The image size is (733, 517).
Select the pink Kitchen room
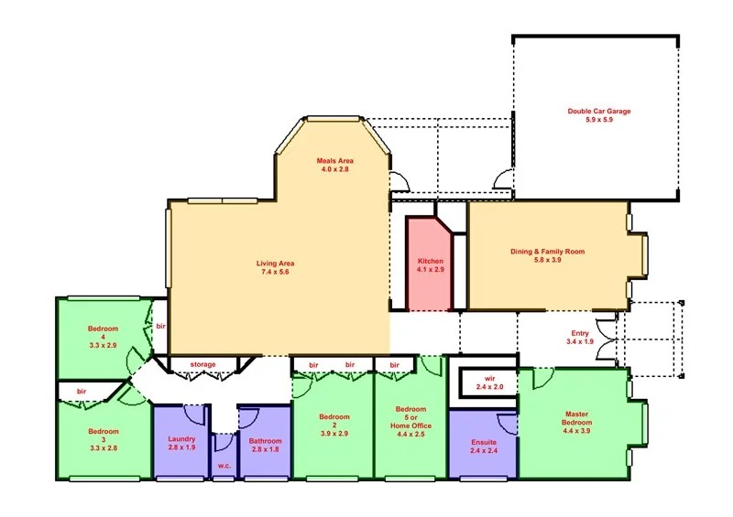click(428, 266)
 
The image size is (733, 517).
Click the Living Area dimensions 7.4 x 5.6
click(275, 273)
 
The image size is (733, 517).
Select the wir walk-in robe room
click(483, 382)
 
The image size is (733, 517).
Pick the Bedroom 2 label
click(334, 422)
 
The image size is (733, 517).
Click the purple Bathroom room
click(265, 444)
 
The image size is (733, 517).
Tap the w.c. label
click(224, 467)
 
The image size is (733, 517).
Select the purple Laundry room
click(181, 444)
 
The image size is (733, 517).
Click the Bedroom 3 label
click(104, 436)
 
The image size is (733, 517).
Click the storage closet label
click(202, 364)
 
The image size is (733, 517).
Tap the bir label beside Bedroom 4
click(159, 327)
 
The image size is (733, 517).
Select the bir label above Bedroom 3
click(81, 391)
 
